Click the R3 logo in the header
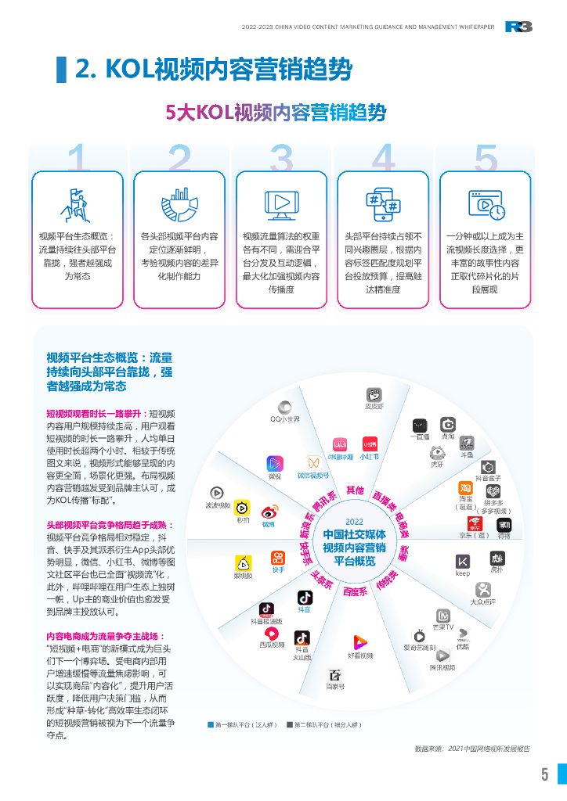[x=518, y=27]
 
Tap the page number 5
[x=544, y=774]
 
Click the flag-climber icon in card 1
[x=77, y=205]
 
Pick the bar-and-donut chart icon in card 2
[x=179, y=203]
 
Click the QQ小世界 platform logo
[x=285, y=407]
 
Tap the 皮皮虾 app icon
[x=374, y=394]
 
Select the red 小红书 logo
[x=370, y=444]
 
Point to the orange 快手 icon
[x=278, y=558]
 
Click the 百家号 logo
[x=335, y=675]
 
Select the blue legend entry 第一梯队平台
[x=240, y=725]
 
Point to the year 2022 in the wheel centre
[x=354, y=523]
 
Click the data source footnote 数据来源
[x=472, y=749]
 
